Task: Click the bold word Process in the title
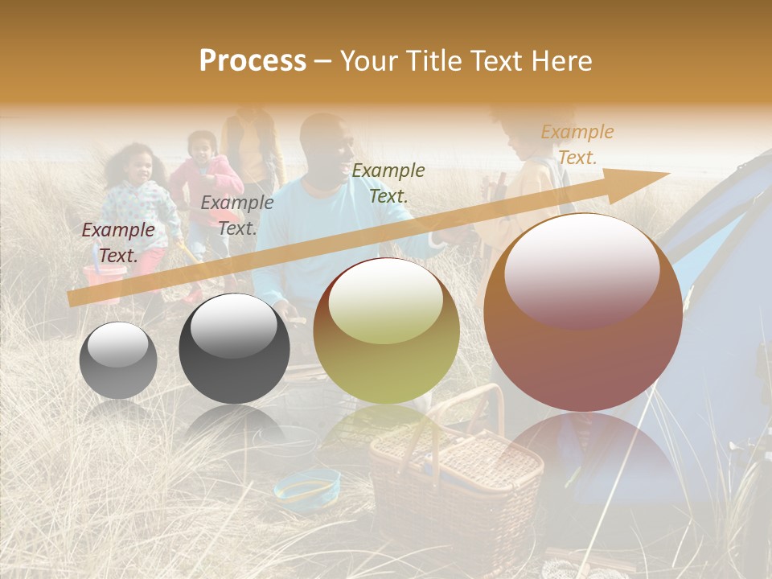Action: tap(253, 61)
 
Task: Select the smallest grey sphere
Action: tap(118, 360)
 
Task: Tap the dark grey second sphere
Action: tap(234, 348)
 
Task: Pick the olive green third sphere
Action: tap(386, 331)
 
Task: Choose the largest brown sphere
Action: tap(583, 313)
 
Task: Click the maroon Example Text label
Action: tap(118, 243)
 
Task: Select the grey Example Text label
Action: tap(236, 216)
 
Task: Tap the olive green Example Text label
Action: tap(388, 183)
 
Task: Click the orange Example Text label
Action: tap(577, 145)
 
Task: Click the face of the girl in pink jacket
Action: tap(202, 146)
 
